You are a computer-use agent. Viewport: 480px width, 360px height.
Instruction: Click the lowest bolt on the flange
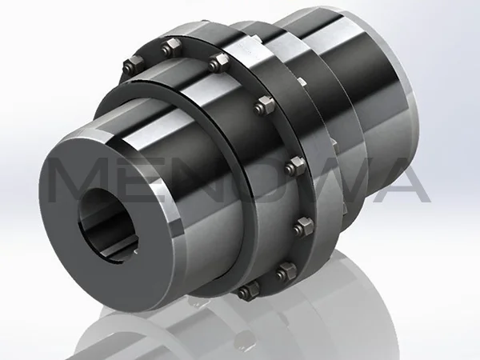(250, 288)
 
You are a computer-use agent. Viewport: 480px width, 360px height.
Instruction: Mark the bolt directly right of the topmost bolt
(214, 62)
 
